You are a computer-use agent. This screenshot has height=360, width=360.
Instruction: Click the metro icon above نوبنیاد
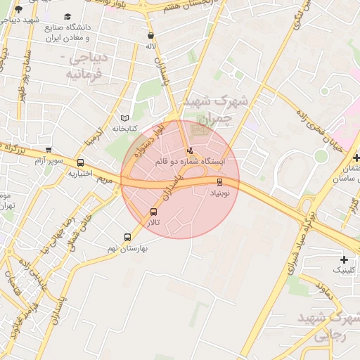tap(219, 182)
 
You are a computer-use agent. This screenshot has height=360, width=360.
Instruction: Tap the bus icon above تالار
tap(153, 212)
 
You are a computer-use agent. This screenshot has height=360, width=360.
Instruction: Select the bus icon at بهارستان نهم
tap(127, 238)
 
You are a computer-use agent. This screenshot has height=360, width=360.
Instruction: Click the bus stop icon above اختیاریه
tap(80, 163)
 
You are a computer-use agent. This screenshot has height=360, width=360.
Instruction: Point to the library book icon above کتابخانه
tap(125, 118)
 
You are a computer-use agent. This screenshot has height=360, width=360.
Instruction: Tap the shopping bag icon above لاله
tap(150, 35)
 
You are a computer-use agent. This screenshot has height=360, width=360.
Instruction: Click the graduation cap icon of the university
tap(67, 16)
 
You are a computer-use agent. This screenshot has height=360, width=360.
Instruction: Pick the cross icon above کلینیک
tap(343, 259)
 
